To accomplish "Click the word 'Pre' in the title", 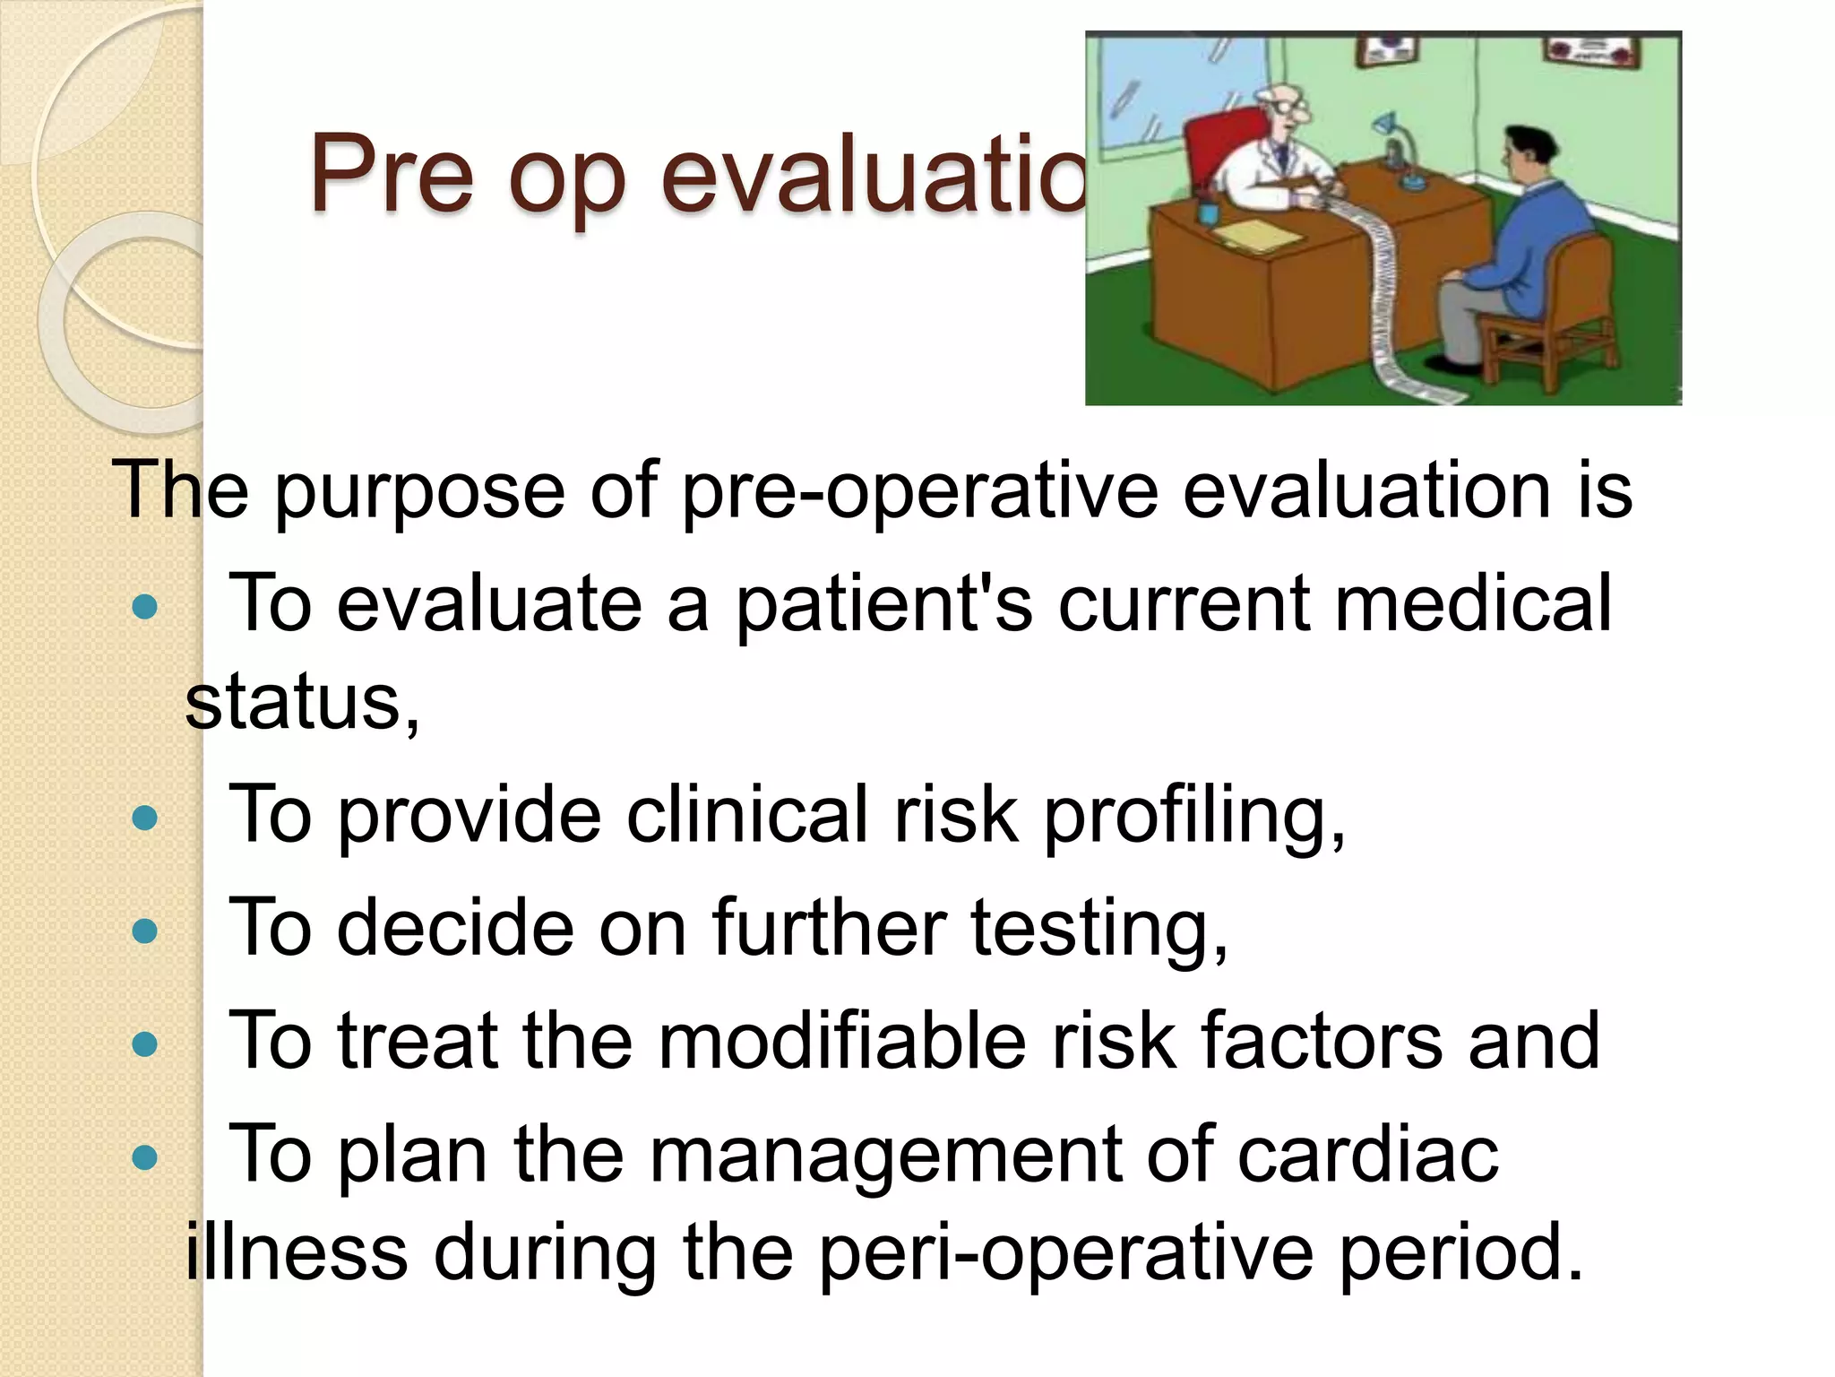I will (x=391, y=175).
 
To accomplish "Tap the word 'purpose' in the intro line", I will (x=418, y=491).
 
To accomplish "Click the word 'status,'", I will (x=302, y=703).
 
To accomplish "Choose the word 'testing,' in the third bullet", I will (x=1099, y=929).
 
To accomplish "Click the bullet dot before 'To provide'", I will (x=144, y=818).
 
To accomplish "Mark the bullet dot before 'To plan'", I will (x=144, y=1157).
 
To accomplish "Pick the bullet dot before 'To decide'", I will (x=144, y=931).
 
